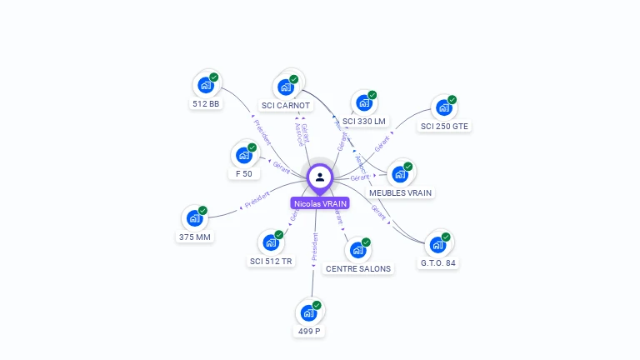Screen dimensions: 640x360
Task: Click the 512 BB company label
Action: click(x=206, y=104)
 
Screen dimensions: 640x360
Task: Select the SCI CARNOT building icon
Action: click(x=286, y=87)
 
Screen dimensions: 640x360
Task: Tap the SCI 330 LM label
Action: click(x=364, y=121)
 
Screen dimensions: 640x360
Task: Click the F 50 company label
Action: click(x=244, y=173)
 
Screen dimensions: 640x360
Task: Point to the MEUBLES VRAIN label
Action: click(x=401, y=192)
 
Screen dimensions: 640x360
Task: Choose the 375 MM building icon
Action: click(x=195, y=218)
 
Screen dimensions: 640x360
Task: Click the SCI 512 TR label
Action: click(x=271, y=261)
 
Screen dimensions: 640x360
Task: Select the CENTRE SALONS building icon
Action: click(x=357, y=250)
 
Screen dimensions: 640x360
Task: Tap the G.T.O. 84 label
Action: click(x=438, y=262)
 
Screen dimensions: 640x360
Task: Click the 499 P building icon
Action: click(x=308, y=313)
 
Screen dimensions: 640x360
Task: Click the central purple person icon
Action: click(x=320, y=177)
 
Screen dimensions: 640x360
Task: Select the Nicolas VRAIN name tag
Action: click(x=320, y=203)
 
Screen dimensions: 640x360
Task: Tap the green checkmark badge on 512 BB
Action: click(x=214, y=77)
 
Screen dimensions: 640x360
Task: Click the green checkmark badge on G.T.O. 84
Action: click(x=446, y=237)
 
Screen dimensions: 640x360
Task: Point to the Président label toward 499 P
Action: click(x=314, y=247)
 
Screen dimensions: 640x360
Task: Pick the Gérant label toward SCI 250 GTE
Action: click(x=382, y=142)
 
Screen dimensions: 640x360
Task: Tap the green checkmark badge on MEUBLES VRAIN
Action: click(x=408, y=167)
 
